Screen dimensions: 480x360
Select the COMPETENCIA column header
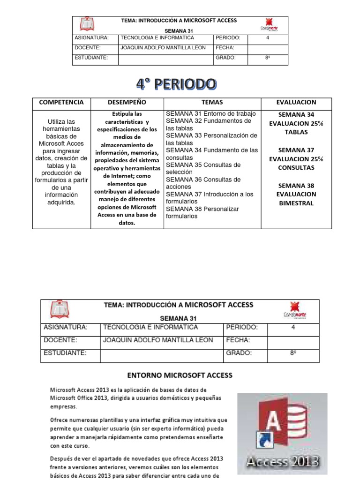61,102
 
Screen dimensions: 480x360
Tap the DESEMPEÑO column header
127,102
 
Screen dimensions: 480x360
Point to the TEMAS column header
212,102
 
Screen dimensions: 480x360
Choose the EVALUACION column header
296,102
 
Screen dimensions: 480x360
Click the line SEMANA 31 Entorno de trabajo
210,114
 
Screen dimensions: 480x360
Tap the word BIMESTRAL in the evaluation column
296,203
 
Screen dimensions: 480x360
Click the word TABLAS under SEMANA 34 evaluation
296,132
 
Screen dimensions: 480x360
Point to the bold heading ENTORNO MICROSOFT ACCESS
180,375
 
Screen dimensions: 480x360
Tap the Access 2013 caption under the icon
283,462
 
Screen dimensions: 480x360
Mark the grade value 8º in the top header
268,58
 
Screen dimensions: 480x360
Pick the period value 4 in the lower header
293,328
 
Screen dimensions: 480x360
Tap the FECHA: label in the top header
225,48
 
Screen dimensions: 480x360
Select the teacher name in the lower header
157,340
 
